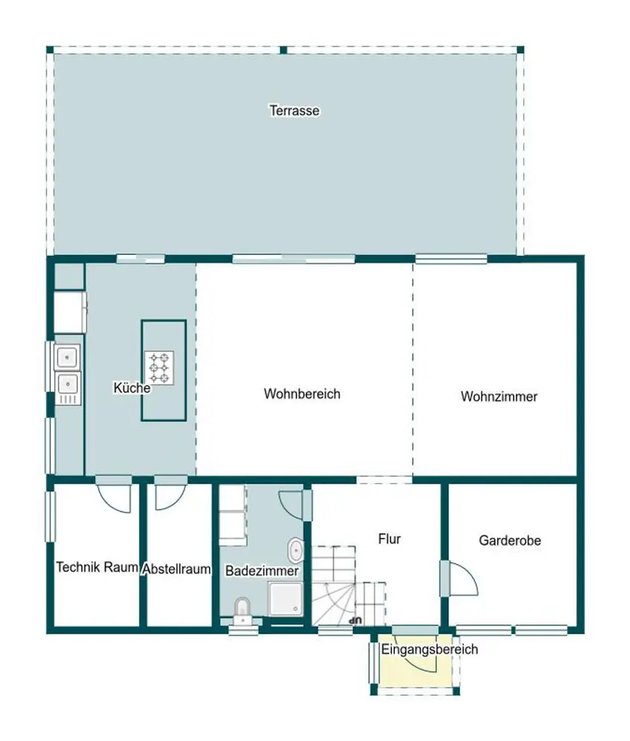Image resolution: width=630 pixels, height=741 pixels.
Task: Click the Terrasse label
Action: pyautogui.click(x=294, y=110)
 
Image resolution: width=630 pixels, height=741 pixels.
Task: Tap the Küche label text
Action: pyautogui.click(x=132, y=388)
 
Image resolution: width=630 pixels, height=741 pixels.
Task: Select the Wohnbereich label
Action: pyautogui.click(x=302, y=393)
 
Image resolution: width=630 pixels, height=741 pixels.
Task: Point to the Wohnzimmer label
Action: pyautogui.click(x=499, y=396)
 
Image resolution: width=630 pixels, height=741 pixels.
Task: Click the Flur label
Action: pyautogui.click(x=389, y=539)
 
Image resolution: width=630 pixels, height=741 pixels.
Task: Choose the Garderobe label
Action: pyautogui.click(x=510, y=540)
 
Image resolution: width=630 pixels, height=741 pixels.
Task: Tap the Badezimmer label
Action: pyautogui.click(x=262, y=571)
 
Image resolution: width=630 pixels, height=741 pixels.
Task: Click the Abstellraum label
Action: pyautogui.click(x=176, y=569)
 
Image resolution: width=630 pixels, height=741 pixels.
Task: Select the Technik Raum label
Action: pyautogui.click(x=97, y=567)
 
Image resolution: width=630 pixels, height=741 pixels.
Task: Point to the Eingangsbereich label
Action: pyautogui.click(x=430, y=649)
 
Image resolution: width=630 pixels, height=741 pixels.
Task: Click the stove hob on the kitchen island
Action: pyautogui.click(x=159, y=368)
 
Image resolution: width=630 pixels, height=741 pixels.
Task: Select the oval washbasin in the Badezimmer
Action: pyautogui.click(x=296, y=550)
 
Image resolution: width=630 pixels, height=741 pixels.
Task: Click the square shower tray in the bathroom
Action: pyautogui.click(x=285, y=599)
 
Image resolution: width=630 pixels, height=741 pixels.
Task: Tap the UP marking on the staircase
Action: pyautogui.click(x=354, y=620)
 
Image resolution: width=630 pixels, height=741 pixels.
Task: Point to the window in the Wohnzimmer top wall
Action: pyautogui.click(x=451, y=259)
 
